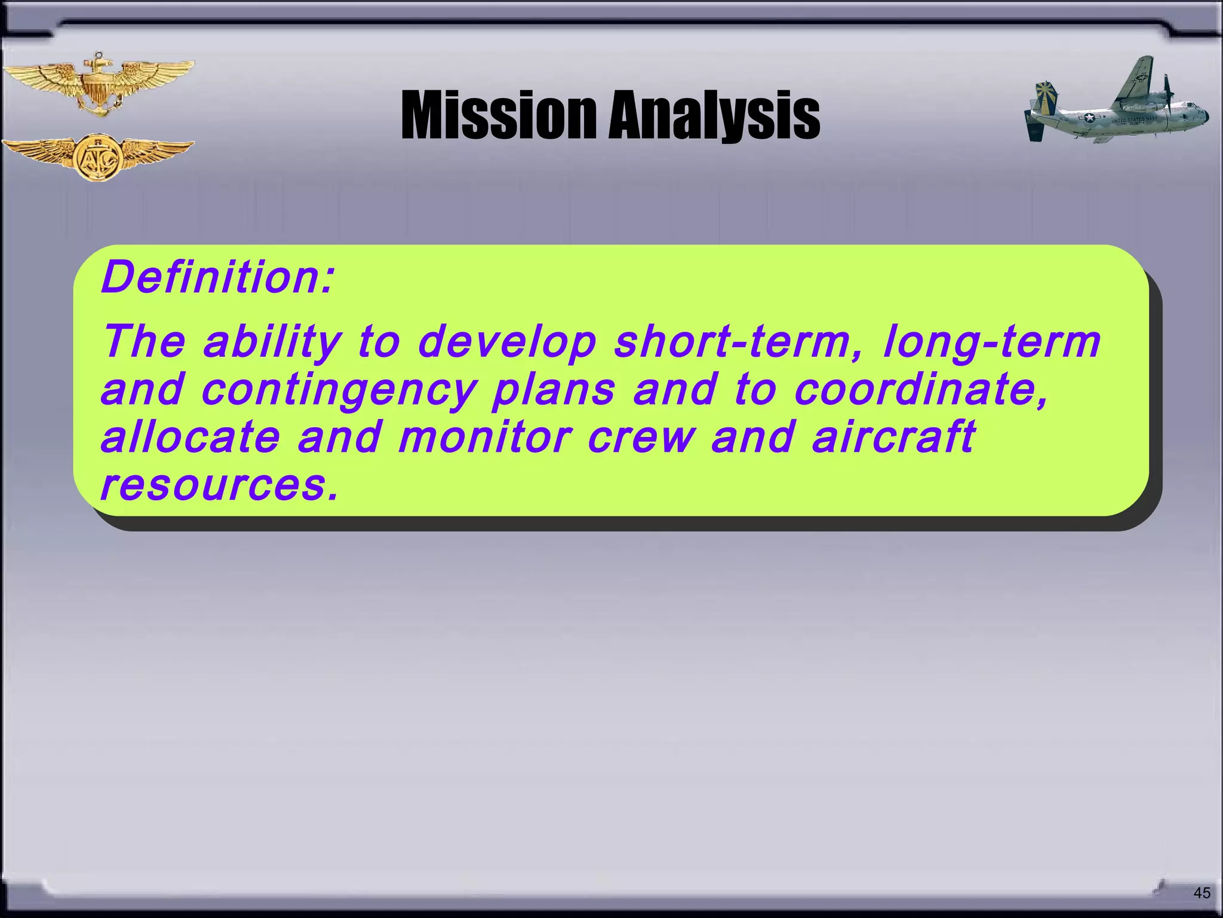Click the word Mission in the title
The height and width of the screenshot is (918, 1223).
499,115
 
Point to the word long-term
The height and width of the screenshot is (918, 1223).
991,342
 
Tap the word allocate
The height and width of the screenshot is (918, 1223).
190,436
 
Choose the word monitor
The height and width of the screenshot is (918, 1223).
484,436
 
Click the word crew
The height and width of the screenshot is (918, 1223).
641,436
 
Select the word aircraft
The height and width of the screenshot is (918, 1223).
893,436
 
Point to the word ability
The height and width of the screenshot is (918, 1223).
272,342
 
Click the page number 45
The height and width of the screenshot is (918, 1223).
1202,893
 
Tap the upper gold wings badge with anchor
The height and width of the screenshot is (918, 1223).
97,85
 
